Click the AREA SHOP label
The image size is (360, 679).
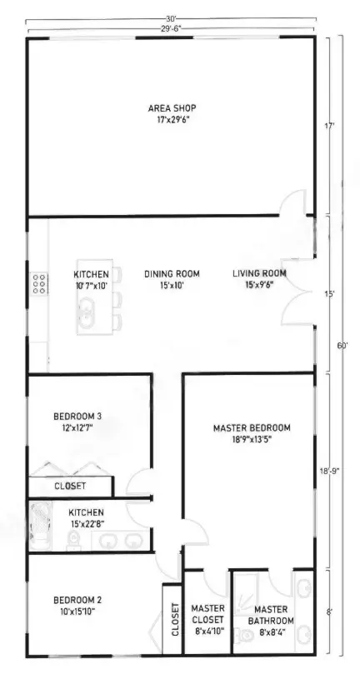[172, 108]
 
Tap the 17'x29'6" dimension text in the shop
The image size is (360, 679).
[172, 120]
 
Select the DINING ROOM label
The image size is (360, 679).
[172, 273]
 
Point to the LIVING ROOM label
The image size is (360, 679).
[259, 273]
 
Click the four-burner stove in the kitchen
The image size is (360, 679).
[38, 285]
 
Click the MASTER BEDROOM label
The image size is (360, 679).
[252, 428]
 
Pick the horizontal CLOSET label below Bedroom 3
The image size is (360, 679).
[70, 486]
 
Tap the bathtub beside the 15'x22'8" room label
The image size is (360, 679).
[38, 527]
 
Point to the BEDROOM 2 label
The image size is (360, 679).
[77, 601]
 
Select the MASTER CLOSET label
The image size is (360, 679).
[207, 615]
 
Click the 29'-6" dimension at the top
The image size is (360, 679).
[170, 27]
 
